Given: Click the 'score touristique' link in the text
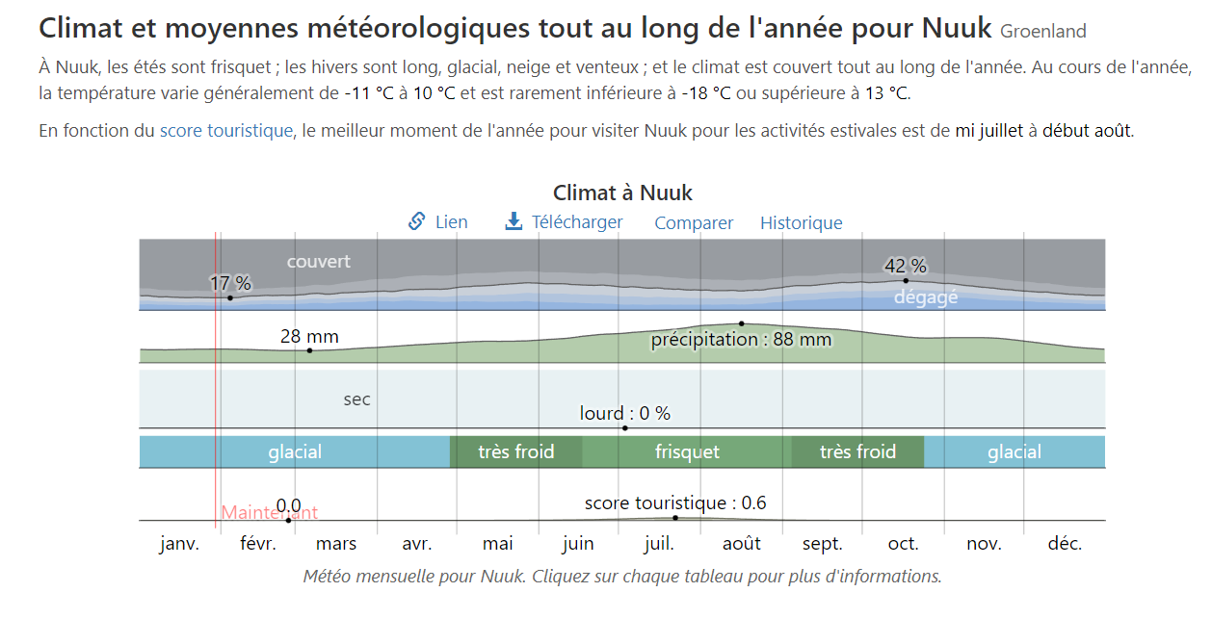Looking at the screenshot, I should click(225, 131).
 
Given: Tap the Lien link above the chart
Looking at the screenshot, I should click(450, 222).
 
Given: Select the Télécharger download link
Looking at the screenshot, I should click(576, 222).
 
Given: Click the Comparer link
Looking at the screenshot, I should click(694, 223).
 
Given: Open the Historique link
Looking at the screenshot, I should click(801, 223).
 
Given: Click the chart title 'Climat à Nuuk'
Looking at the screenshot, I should click(622, 193).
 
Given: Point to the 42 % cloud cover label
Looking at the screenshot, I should click(905, 266).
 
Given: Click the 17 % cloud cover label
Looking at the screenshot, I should click(230, 284).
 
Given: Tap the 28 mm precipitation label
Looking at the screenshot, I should click(309, 337).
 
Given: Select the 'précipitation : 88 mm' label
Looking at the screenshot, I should click(740, 340).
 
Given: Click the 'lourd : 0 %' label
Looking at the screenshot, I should click(624, 414).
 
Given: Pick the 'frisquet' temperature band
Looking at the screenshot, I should click(687, 452).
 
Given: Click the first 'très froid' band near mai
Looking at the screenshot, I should click(515, 452).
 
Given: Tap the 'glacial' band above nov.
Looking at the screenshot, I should click(1014, 452).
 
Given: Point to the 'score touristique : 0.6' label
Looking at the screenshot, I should click(675, 503).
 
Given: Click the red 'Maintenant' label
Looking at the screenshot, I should click(269, 513).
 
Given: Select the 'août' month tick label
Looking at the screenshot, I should click(742, 544).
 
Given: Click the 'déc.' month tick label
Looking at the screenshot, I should click(1065, 544).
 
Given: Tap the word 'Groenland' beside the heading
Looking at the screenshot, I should click(1042, 32).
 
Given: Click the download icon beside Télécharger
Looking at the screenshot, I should click(514, 222).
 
